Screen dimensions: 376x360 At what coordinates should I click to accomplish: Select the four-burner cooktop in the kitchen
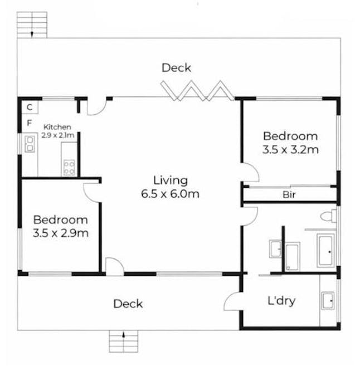point(69,167)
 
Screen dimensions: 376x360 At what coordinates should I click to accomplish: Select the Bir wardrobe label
point(289,195)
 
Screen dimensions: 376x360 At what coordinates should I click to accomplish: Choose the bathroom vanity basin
point(275,249)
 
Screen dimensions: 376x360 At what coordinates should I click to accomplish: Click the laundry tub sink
point(328,301)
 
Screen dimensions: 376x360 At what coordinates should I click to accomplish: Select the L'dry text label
point(281,301)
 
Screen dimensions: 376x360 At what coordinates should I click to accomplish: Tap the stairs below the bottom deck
point(123,341)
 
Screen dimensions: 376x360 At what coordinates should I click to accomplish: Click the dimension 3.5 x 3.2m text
point(290,149)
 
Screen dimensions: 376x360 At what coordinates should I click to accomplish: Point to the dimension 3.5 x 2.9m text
point(60,233)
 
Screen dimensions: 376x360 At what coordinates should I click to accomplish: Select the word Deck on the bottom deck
point(128,304)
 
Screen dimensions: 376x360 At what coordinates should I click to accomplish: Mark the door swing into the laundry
point(232,301)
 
